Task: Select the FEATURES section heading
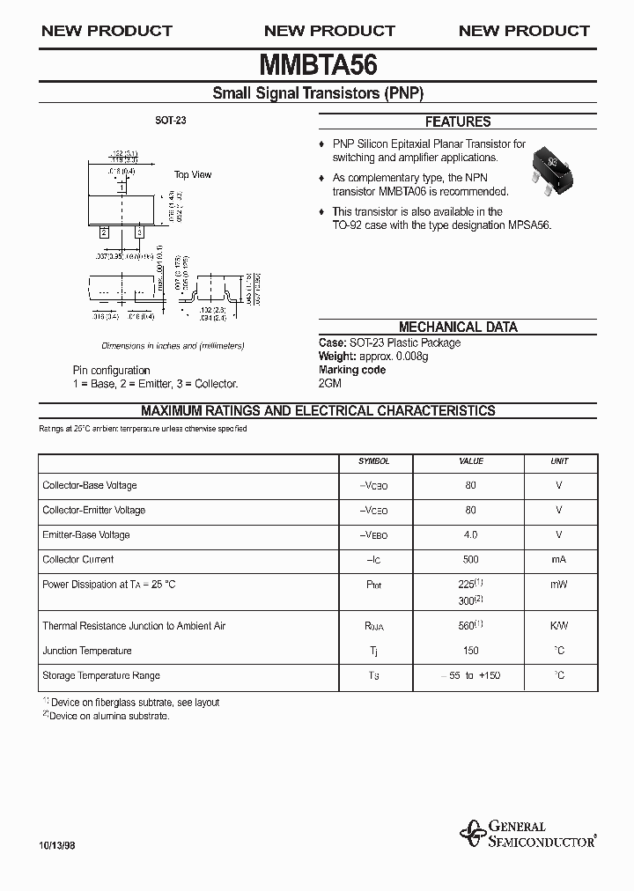point(457,122)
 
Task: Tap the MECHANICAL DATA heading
point(457,327)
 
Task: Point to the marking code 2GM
point(329,383)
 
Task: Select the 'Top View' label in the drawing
point(192,174)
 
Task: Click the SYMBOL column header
point(373,461)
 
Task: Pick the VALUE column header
point(471,461)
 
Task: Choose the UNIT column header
point(559,461)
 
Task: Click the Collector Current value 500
point(471,559)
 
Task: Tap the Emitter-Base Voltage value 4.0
point(471,534)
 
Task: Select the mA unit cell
point(559,559)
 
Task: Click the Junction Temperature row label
point(87,651)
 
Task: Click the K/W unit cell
point(559,626)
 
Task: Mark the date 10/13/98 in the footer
point(58,843)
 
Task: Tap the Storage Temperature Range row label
point(100,675)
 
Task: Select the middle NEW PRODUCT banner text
point(329,31)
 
